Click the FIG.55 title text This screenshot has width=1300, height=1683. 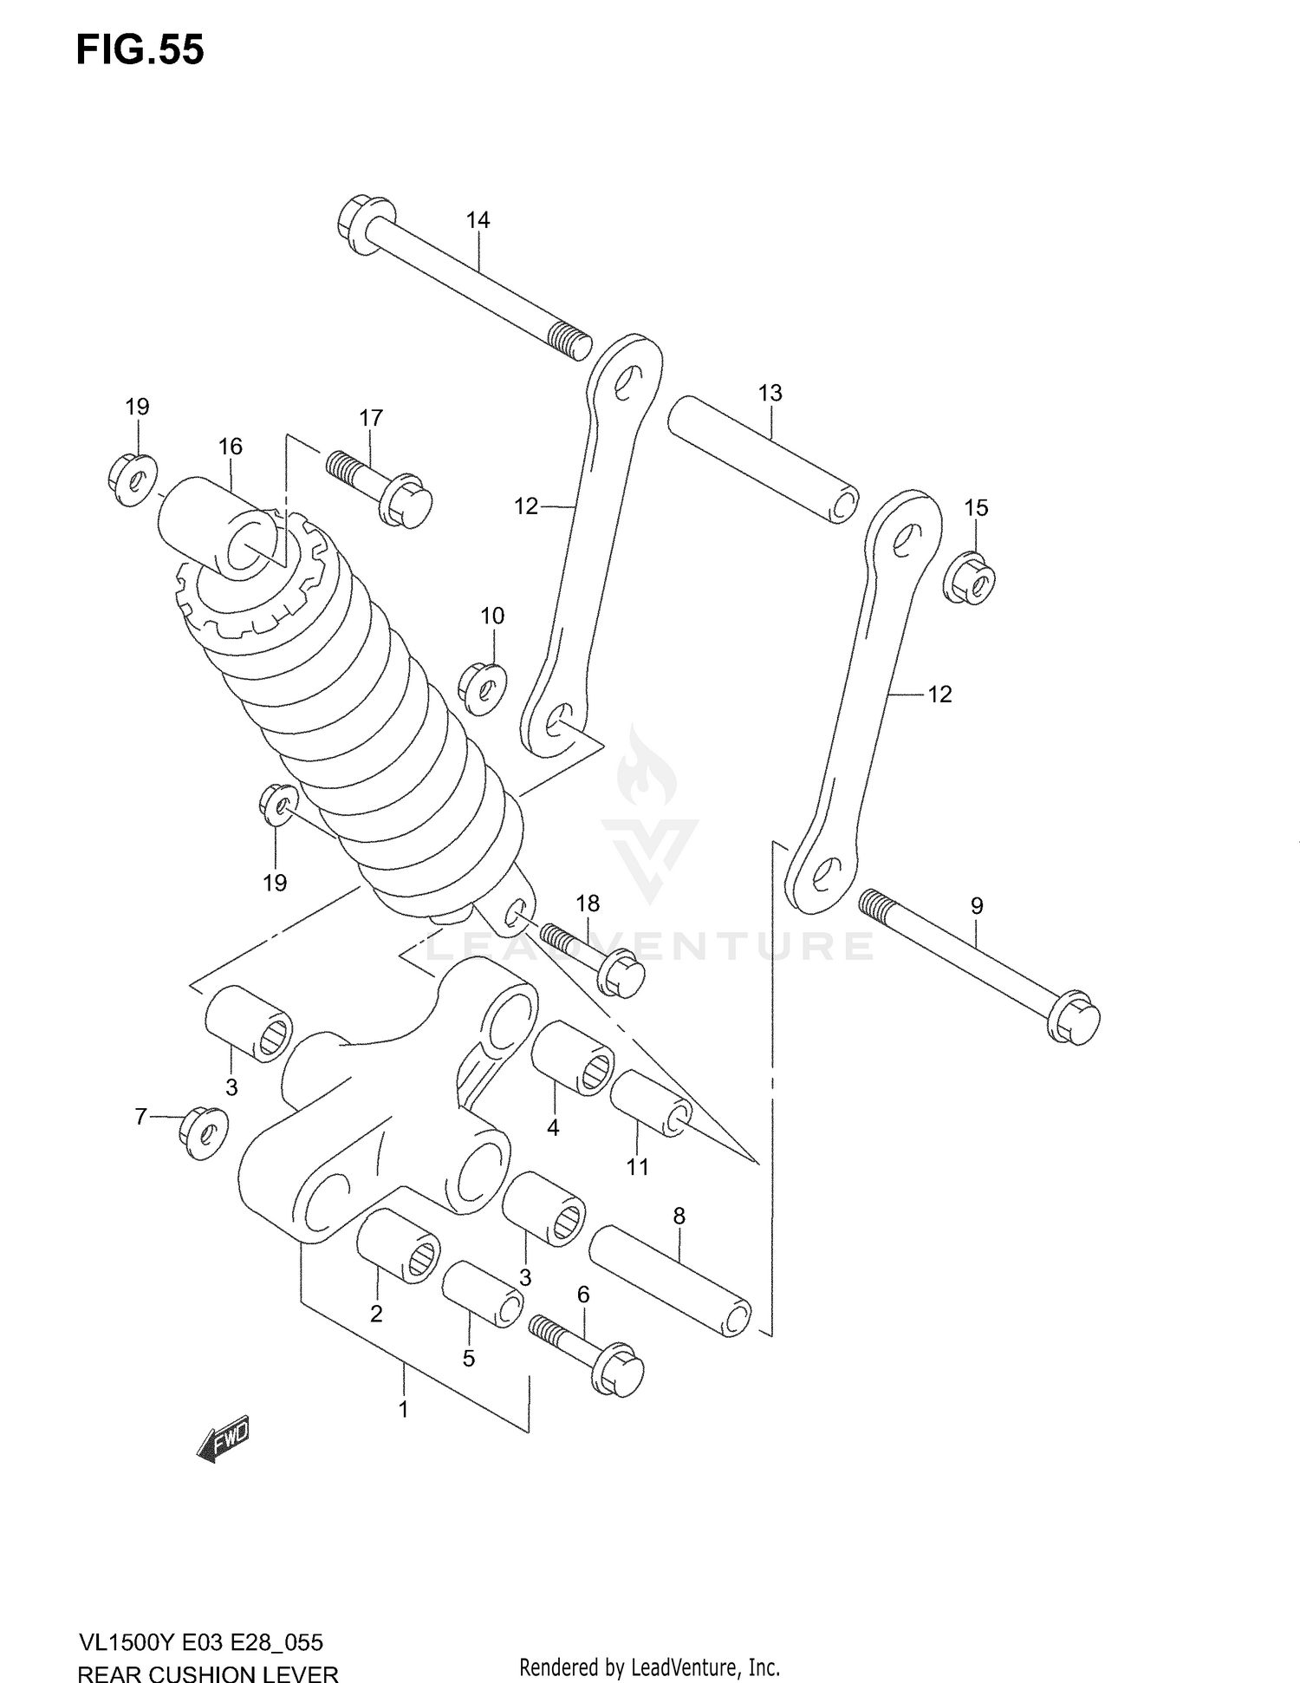tap(140, 50)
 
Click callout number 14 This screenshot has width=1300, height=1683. tap(478, 220)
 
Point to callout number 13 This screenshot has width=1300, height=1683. tap(770, 393)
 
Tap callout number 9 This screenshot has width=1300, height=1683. tap(977, 906)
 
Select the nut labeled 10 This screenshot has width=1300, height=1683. tap(483, 690)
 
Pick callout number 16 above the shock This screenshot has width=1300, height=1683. tap(230, 447)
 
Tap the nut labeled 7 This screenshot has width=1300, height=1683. tap(203, 1132)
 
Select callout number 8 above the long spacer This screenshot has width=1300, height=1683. tap(679, 1217)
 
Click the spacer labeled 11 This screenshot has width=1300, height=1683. tap(651, 1102)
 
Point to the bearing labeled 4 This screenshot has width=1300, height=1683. tap(572, 1058)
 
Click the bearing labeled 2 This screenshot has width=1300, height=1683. tap(398, 1244)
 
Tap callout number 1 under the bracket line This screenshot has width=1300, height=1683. tap(403, 1409)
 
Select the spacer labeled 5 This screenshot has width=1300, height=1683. tap(482, 1294)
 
